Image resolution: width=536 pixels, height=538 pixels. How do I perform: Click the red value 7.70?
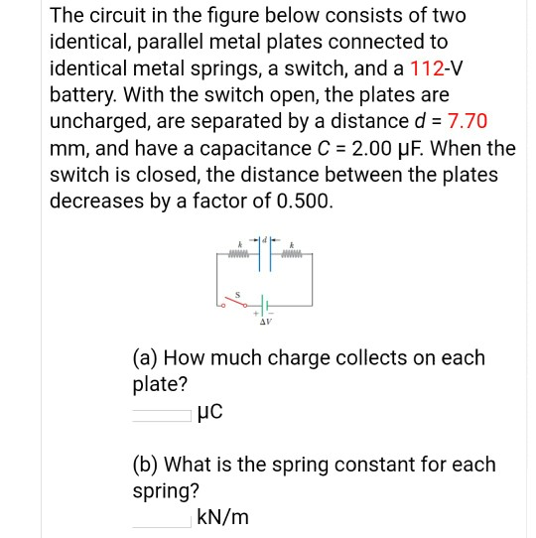(x=468, y=121)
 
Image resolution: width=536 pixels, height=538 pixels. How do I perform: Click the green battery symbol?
(x=265, y=304)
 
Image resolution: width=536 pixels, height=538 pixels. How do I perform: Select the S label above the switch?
(x=235, y=290)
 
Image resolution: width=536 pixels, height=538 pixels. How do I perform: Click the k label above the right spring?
(x=293, y=242)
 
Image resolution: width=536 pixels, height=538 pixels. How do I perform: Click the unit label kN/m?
(x=223, y=517)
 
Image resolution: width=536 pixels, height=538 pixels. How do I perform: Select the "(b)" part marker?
(x=145, y=464)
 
